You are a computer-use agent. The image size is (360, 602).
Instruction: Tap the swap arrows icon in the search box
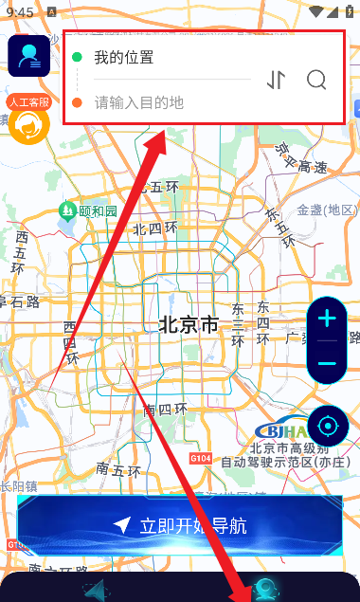276,80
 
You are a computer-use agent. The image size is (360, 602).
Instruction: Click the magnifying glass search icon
316,80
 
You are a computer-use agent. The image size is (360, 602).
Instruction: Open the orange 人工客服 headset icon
29,124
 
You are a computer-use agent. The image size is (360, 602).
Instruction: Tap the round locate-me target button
328,424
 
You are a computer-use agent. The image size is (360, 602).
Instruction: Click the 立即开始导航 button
180,525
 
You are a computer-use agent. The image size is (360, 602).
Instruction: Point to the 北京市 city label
189,325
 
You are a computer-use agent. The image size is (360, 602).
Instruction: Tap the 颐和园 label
98,210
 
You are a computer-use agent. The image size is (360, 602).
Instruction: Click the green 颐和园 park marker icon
67,210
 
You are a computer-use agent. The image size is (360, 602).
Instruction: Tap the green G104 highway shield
201,458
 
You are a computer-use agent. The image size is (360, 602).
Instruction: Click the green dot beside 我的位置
77,57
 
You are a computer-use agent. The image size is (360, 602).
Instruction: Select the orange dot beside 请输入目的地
77,102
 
